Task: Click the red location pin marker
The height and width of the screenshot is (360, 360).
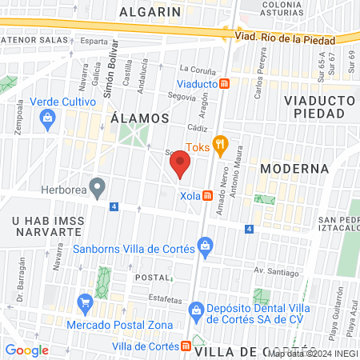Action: [x=181, y=166]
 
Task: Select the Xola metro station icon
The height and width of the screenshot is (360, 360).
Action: [x=207, y=195]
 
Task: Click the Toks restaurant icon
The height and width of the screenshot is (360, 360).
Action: [x=222, y=145]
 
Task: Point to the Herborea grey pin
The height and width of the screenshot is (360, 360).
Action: [x=98, y=188]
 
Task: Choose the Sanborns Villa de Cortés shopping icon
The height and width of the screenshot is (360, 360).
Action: [x=206, y=246]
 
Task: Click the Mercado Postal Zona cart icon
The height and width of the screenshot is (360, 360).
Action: [x=85, y=302]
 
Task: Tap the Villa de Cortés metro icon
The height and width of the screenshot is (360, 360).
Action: [x=186, y=346]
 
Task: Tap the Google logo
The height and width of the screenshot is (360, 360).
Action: [x=26, y=350]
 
